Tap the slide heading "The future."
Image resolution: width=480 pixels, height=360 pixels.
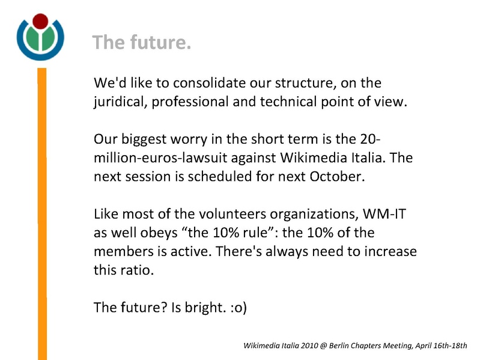142,43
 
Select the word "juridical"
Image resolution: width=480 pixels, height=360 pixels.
118,102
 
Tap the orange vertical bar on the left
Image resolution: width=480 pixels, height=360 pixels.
42,210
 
